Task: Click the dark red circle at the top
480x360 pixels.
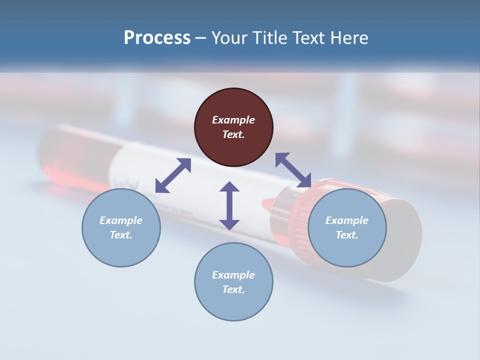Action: tap(233, 127)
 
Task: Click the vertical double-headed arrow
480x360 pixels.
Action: tap(229, 205)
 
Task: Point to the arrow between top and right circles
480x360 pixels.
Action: tap(293, 170)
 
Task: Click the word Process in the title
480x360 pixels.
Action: tap(157, 38)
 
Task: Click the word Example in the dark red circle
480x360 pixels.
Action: tap(233, 120)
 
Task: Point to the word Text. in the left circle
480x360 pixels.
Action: tap(121, 235)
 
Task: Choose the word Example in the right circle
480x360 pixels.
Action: tap(347, 220)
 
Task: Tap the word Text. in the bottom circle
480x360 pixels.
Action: tap(233, 289)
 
